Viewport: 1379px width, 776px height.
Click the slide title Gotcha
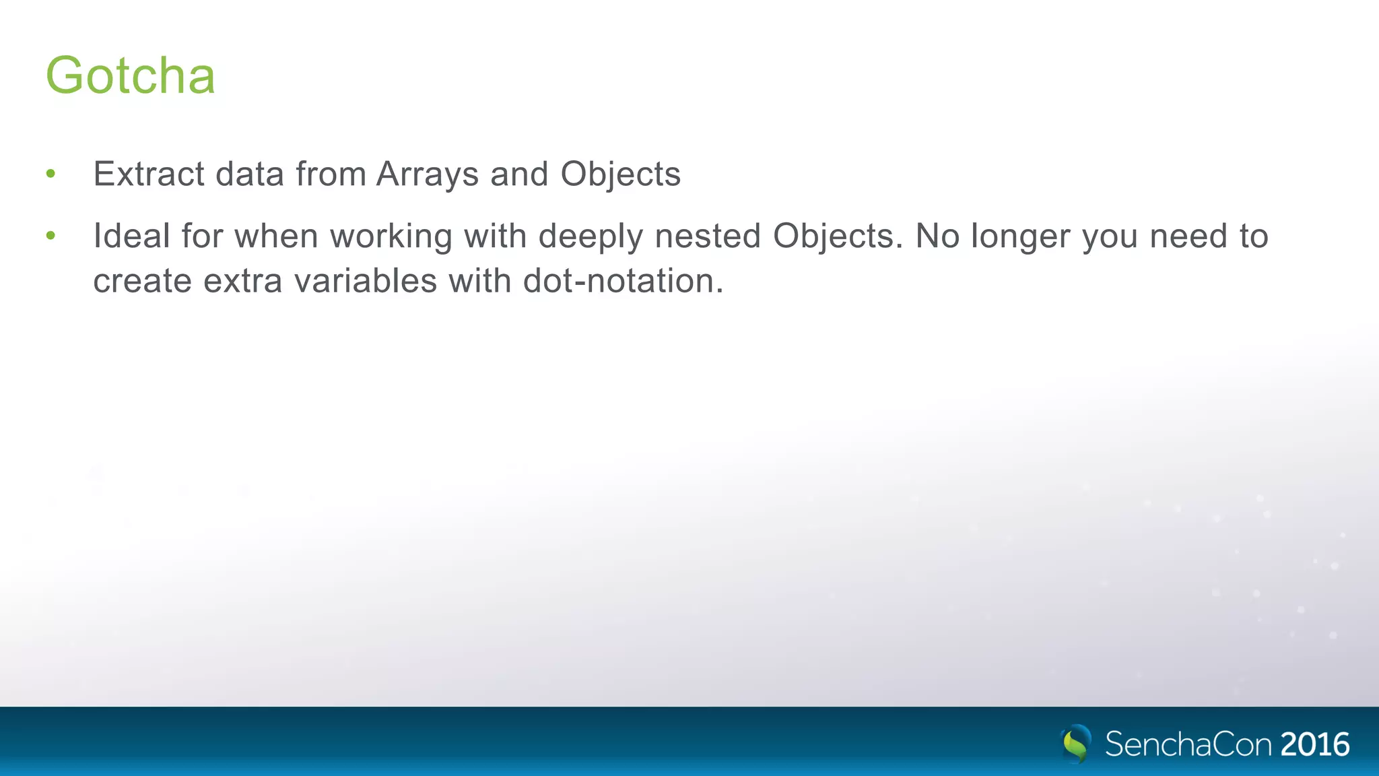click(x=131, y=75)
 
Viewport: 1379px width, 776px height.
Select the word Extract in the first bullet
click(x=149, y=174)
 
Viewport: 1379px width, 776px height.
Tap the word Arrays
click(x=428, y=175)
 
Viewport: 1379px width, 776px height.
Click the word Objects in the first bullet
click(x=620, y=175)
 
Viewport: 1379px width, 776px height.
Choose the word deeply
click(x=591, y=237)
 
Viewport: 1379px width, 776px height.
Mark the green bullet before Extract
click(x=51, y=174)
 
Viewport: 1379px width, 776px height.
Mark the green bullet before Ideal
click(x=51, y=236)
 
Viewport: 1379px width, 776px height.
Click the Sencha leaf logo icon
click(x=1076, y=744)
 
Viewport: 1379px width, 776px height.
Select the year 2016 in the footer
click(x=1315, y=744)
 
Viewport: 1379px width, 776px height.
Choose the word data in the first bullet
click(x=250, y=174)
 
